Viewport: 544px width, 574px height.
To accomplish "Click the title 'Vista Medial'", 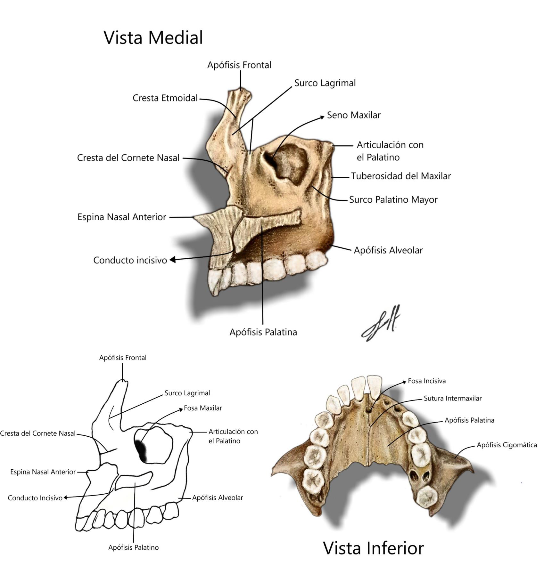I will (x=153, y=37).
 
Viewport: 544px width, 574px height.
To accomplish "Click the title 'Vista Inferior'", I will (x=373, y=548).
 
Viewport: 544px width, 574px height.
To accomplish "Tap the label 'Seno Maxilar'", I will (x=353, y=115).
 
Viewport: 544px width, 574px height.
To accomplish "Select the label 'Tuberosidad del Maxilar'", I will (x=400, y=176).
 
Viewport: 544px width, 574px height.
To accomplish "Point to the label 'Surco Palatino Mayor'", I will (x=393, y=200).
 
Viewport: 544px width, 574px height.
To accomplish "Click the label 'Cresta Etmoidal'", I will (x=165, y=98).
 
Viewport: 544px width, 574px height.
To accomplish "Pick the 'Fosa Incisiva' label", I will (x=426, y=381).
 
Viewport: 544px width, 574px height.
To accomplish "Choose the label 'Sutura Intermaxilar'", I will (x=452, y=398).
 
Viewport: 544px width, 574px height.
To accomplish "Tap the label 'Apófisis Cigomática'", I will (x=507, y=445).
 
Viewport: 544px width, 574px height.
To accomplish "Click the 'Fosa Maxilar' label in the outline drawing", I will (x=202, y=408).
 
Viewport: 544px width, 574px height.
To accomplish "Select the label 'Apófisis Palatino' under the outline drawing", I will (x=133, y=547).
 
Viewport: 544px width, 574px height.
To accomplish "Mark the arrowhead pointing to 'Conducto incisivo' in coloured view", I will (x=173, y=260).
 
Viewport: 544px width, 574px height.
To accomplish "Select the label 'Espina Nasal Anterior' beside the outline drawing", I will (x=43, y=472).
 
